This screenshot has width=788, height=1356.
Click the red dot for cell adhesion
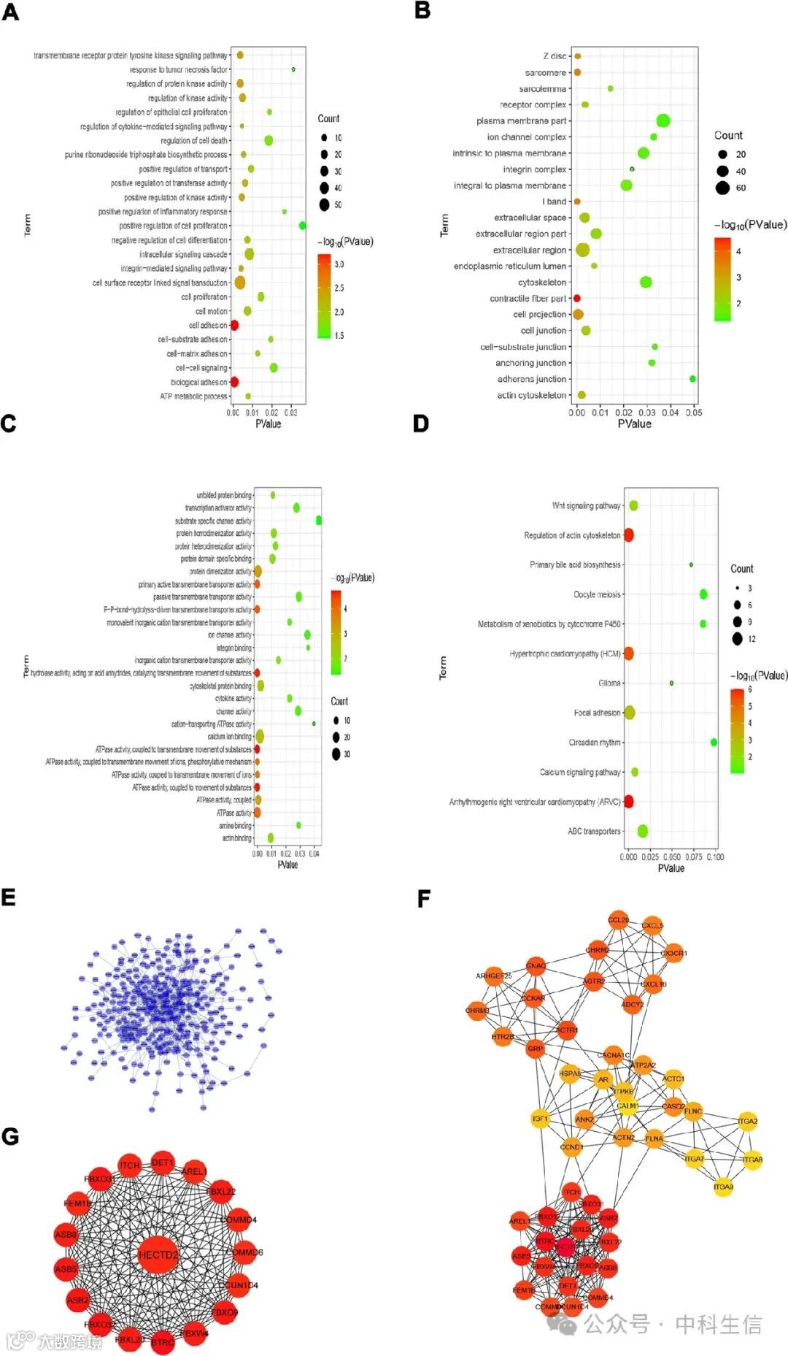tap(234, 326)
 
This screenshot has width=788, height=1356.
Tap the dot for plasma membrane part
tap(663, 120)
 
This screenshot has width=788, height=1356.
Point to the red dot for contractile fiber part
tap(577, 299)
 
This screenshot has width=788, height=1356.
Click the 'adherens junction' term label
tap(532, 379)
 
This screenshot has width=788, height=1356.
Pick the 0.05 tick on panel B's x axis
tap(694, 413)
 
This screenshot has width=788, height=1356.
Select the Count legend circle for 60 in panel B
tap(722, 188)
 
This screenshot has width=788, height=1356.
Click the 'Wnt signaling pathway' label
tap(586, 505)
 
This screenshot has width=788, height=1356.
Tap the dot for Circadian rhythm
tap(714, 742)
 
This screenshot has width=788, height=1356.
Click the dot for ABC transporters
tap(643, 831)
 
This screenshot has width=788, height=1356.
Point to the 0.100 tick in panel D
tap(715, 857)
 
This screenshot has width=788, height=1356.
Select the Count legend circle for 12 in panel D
tap(738, 639)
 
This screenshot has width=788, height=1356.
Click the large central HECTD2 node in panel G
tap(158, 1255)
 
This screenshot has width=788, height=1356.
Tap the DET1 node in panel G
tap(162, 1162)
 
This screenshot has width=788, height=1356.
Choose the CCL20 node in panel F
tap(618, 920)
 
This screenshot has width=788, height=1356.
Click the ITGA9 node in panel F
tap(723, 1187)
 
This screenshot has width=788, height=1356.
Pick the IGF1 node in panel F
tap(540, 1119)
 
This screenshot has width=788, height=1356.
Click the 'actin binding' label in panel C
tap(236, 838)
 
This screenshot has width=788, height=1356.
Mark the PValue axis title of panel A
tap(268, 424)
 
